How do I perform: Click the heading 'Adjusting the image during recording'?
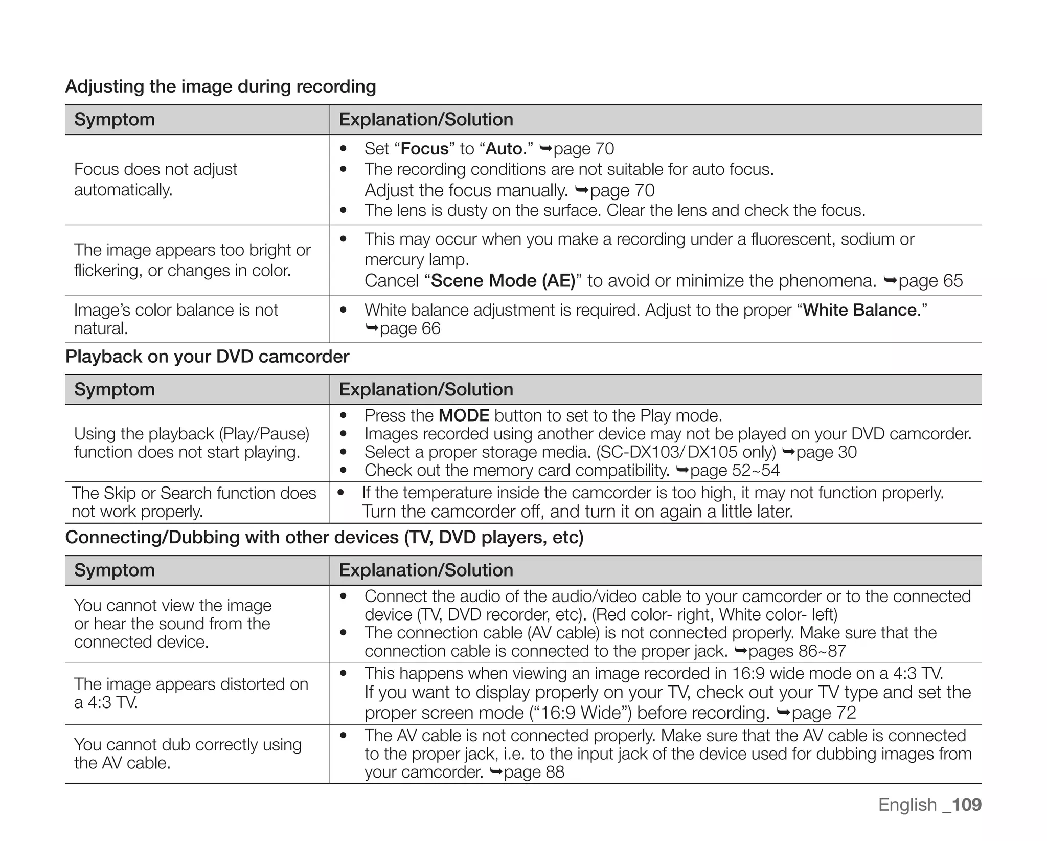coord(220,86)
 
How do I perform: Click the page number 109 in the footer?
coord(967,804)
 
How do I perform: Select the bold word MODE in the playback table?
coord(464,415)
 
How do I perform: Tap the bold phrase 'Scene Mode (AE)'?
coord(503,281)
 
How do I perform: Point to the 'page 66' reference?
coord(409,328)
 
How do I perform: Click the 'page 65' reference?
coord(930,281)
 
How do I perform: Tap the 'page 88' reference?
coord(534,772)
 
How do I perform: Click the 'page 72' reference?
coord(823,713)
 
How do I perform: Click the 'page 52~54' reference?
coord(734,470)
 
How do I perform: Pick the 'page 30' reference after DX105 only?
coord(826,452)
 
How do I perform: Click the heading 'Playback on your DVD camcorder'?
coord(207,357)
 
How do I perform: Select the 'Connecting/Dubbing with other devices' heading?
coord(324,537)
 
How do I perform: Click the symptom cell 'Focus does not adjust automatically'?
coord(155,180)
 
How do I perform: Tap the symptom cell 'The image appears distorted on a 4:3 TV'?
coord(191,693)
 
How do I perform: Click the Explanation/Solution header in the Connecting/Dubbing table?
coord(426,570)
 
